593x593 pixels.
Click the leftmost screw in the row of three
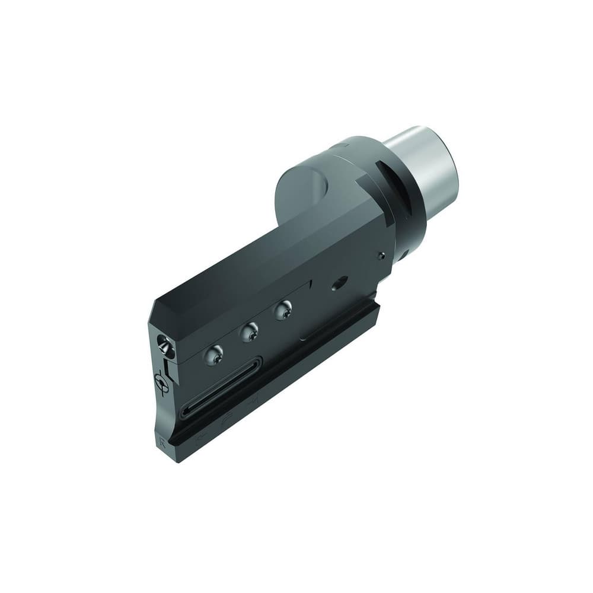pos(214,355)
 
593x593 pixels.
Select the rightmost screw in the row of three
pos(283,309)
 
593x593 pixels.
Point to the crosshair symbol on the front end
pos(162,383)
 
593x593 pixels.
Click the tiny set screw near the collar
pos(382,256)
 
